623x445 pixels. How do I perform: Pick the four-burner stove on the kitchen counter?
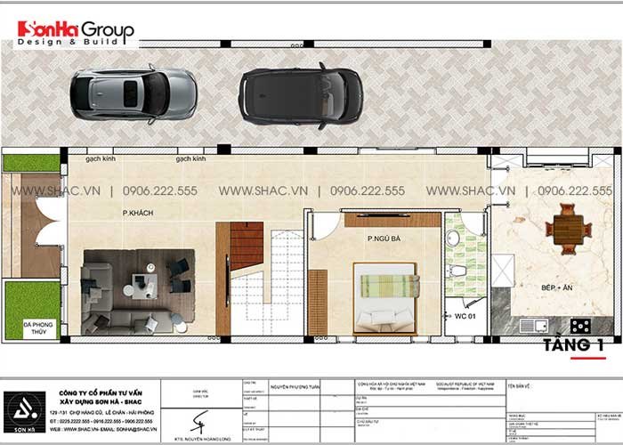[579, 326]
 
